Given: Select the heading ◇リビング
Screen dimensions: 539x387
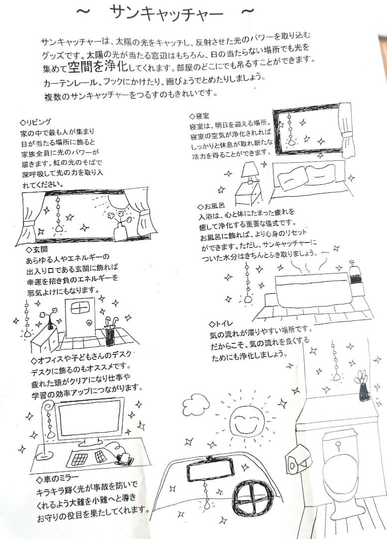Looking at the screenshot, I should [35, 122].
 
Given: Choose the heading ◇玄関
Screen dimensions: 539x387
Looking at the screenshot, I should [37, 249].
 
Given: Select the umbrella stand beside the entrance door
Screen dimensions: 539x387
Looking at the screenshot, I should [109, 334].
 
